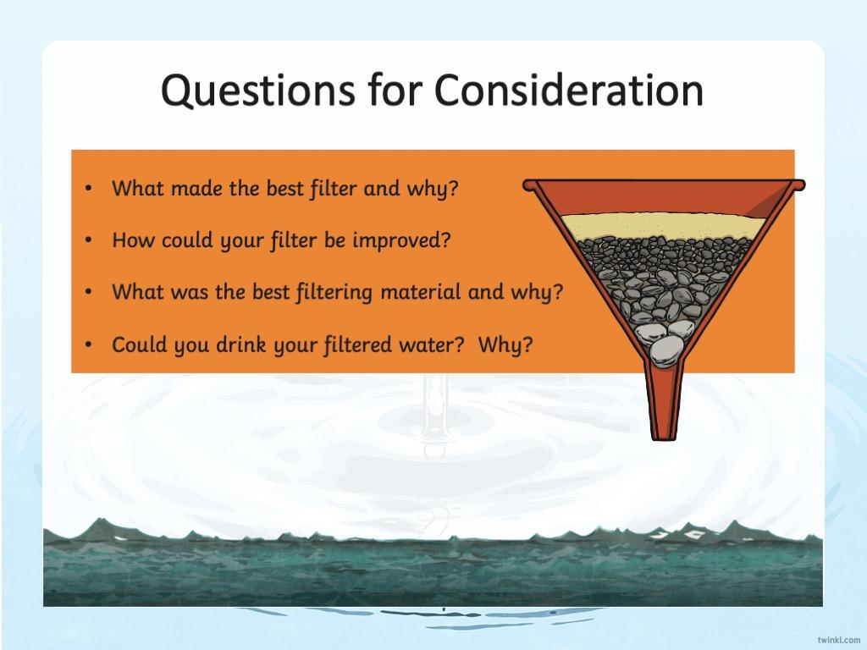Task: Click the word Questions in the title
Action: pyautogui.click(x=258, y=91)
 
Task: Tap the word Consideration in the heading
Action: pyautogui.click(x=568, y=90)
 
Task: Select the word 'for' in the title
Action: pyautogui.click(x=395, y=89)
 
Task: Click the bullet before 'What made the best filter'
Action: pyautogui.click(x=88, y=189)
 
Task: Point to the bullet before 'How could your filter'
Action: pyautogui.click(x=88, y=241)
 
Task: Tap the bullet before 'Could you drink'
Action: pyautogui.click(x=88, y=345)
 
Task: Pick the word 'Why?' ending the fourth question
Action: pyautogui.click(x=505, y=345)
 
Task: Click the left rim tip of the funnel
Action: pyautogui.click(x=526, y=185)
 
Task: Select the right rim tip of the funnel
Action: pyautogui.click(x=801, y=185)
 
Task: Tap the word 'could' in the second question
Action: pyautogui.click(x=186, y=240)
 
